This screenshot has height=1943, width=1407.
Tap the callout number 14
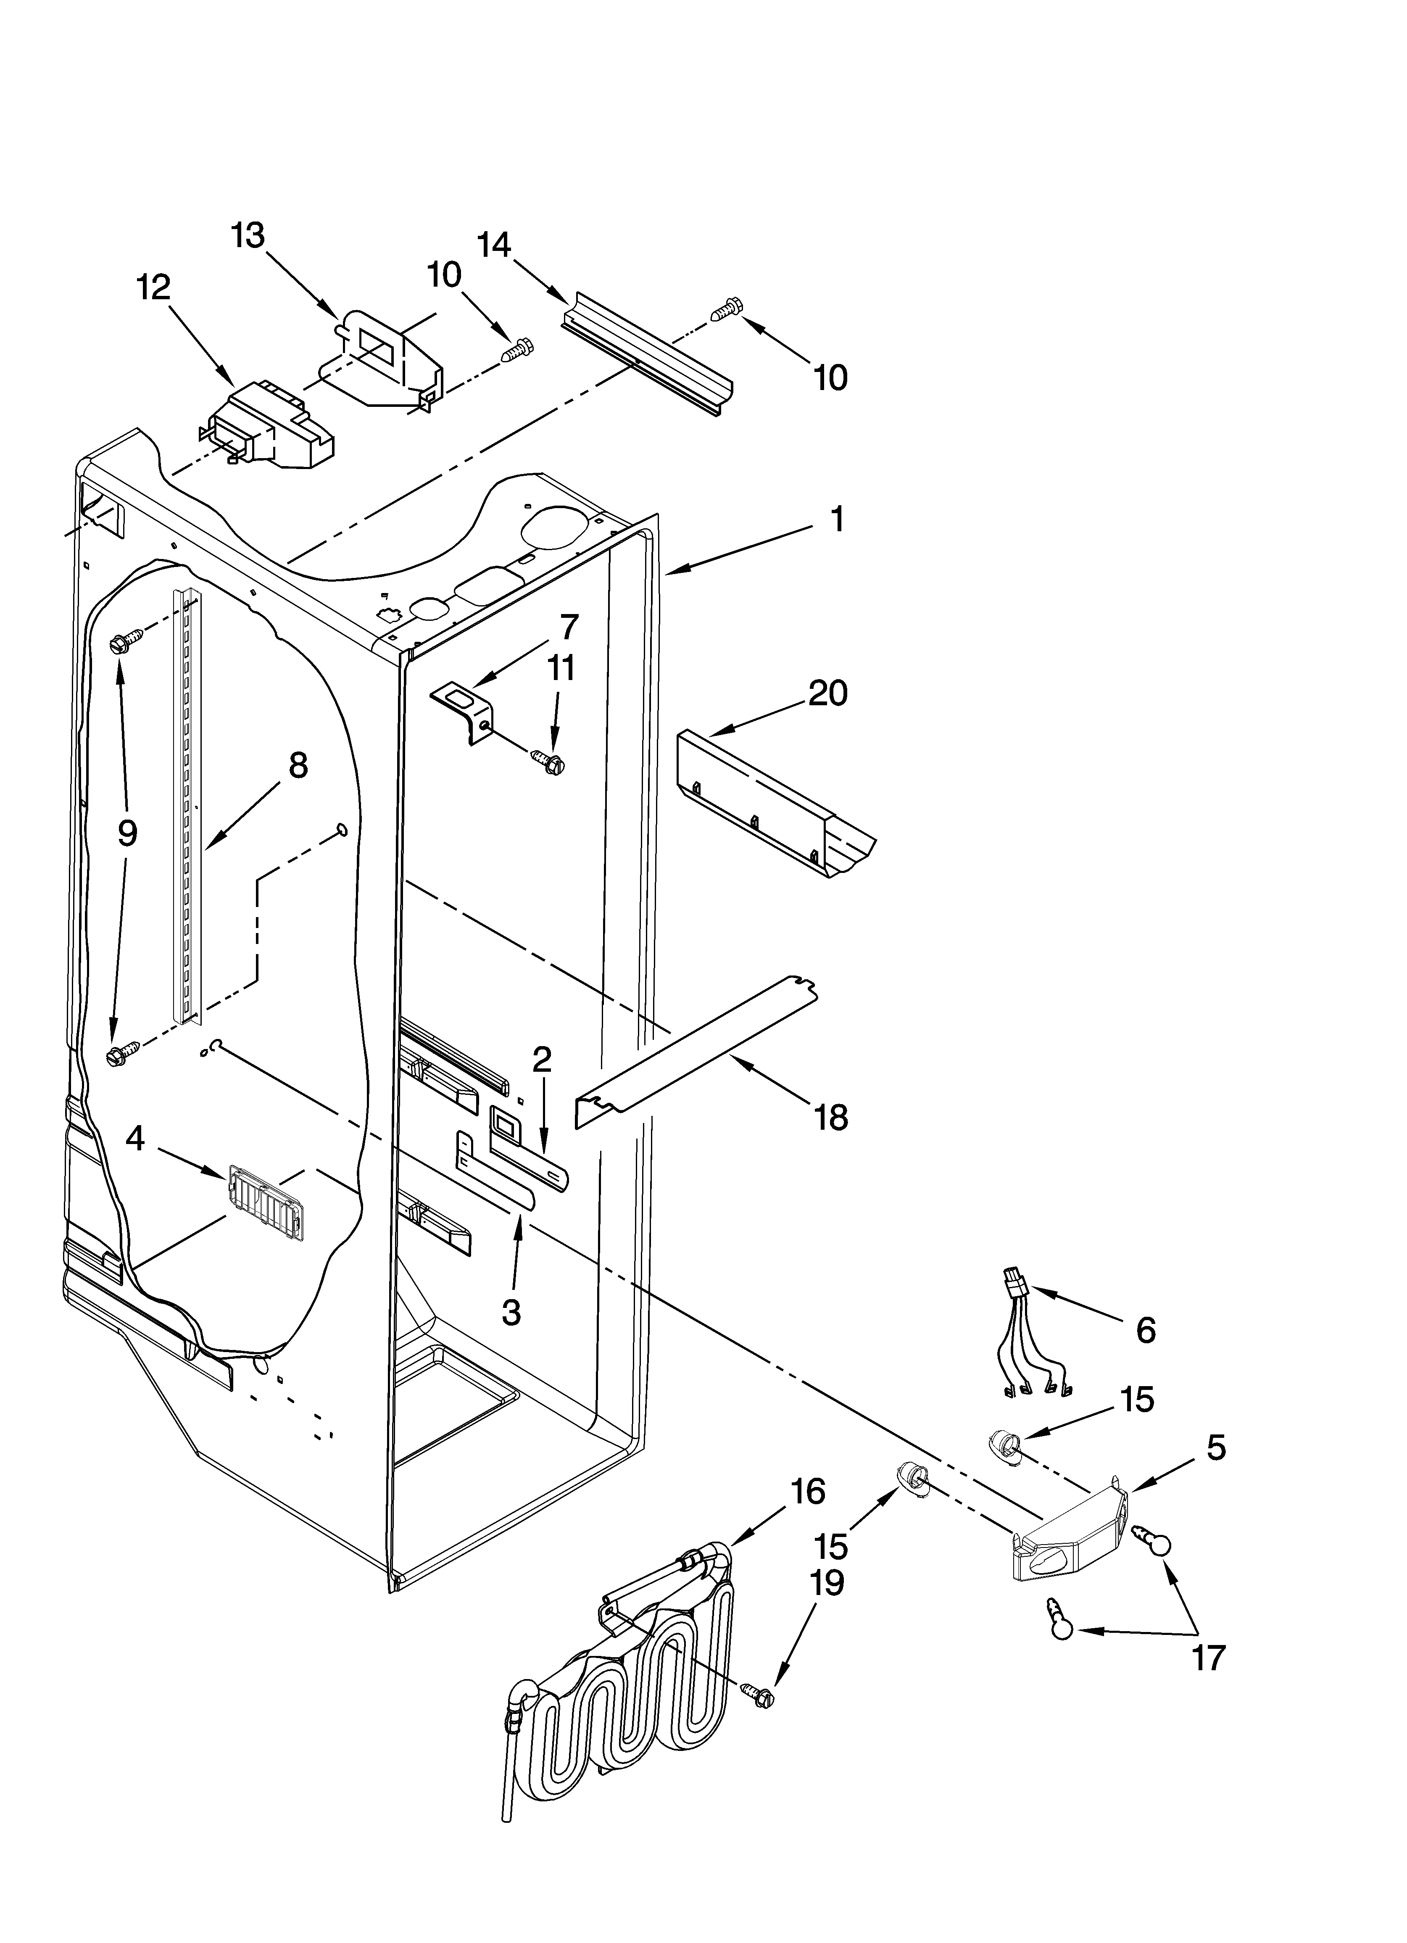pyautogui.click(x=493, y=246)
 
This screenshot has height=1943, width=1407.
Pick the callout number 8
pyautogui.click(x=298, y=765)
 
